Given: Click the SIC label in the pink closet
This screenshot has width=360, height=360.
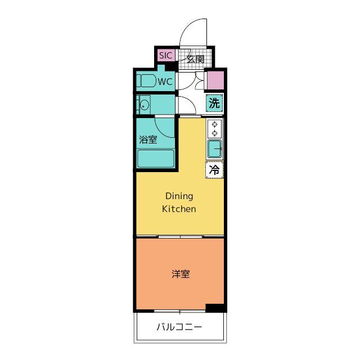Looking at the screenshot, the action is [x=165, y=56].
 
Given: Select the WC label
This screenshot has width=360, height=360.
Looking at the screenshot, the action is [x=165, y=82].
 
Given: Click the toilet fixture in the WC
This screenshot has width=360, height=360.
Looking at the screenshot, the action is [x=146, y=80].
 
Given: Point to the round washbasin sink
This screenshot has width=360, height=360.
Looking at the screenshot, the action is [x=145, y=105].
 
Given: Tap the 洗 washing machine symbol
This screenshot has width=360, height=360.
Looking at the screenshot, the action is [x=214, y=103].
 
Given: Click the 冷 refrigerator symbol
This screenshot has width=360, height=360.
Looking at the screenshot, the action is [x=214, y=170].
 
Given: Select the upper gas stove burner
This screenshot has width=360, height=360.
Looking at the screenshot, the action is [x=215, y=125].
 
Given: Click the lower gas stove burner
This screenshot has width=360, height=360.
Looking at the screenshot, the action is [x=215, y=133].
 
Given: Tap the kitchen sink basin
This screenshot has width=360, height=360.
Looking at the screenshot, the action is [x=214, y=148].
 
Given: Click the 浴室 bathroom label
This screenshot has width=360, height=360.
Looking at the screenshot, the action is [x=148, y=139].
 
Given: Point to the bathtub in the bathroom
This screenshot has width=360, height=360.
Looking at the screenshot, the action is [x=156, y=159].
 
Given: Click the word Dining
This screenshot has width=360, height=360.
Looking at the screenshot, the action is [x=179, y=196].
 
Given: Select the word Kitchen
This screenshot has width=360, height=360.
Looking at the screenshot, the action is [x=179, y=209].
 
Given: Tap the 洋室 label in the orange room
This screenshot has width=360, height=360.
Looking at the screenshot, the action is [x=181, y=274].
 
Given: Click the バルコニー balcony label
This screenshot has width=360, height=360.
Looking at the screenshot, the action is [x=179, y=327].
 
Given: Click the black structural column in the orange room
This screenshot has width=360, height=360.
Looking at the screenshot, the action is [x=215, y=308].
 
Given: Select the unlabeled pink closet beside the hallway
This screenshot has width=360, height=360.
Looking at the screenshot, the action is [x=215, y=80].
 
